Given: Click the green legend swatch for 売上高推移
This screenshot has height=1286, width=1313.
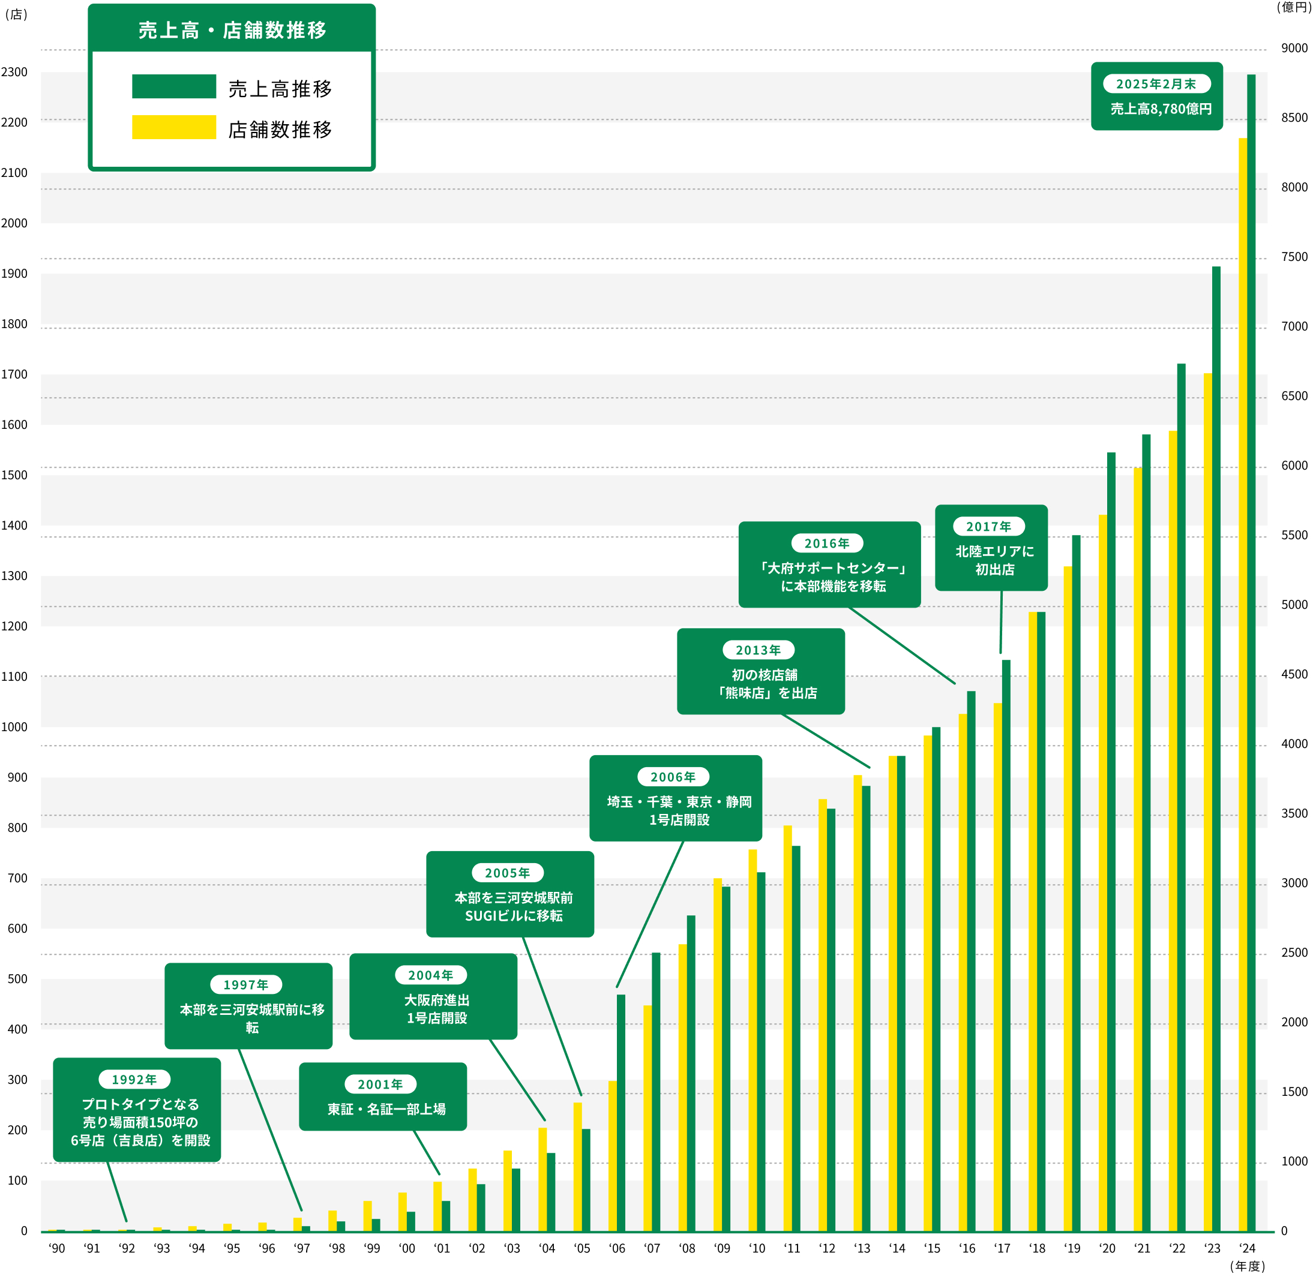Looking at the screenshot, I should [x=173, y=86].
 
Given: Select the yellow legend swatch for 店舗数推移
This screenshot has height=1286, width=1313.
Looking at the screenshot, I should [x=173, y=127].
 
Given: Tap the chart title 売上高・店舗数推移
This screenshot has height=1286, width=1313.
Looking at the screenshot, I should [x=232, y=31].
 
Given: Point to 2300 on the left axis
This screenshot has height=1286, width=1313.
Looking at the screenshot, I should [x=14, y=72].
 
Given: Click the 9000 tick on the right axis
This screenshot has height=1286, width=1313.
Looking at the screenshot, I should [x=1294, y=48].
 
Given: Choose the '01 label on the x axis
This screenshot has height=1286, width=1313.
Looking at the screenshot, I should [x=442, y=1248].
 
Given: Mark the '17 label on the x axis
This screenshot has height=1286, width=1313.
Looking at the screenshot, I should [x=1002, y=1248].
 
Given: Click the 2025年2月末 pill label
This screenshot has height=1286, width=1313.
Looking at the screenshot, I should [x=1156, y=84].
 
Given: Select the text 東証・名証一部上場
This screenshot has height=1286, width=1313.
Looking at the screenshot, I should [x=386, y=1109].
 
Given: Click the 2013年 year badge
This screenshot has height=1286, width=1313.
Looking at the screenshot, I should [x=758, y=650].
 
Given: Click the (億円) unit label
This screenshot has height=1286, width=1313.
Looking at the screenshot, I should [x=1293, y=7].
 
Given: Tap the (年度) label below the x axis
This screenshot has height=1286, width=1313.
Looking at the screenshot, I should [x=1248, y=1266].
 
